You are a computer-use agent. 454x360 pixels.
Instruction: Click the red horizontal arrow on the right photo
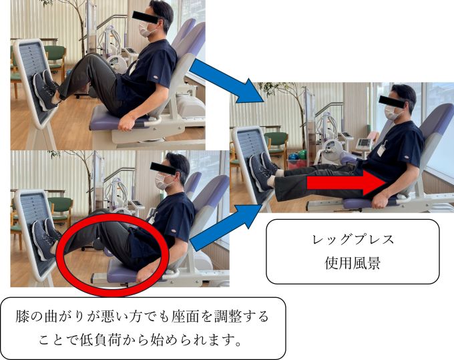346,183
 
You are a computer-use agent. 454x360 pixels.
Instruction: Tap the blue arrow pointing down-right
226,81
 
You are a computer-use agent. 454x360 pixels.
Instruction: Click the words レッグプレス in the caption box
353,240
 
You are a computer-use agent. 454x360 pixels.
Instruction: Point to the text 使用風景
353,263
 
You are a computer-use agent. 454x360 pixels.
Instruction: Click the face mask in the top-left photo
145,29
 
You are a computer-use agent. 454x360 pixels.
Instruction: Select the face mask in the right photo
391,112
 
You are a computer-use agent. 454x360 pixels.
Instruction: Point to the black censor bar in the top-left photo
146,17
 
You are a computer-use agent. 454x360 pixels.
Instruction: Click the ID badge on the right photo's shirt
381,150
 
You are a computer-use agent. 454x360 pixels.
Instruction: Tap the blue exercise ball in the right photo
292,157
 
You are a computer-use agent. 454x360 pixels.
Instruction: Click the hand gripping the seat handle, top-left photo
128,123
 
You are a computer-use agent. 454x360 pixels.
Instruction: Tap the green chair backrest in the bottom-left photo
61,205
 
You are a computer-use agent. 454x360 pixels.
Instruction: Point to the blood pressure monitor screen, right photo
365,143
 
